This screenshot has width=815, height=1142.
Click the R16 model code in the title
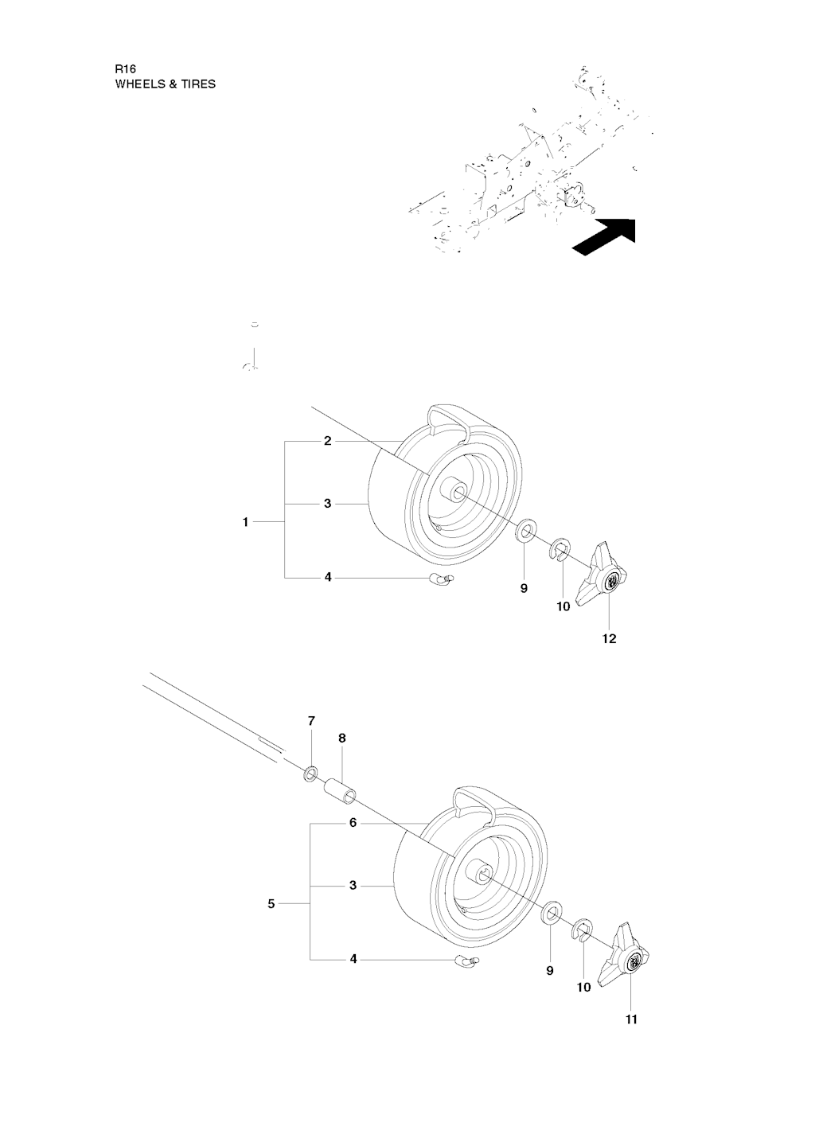click(x=126, y=69)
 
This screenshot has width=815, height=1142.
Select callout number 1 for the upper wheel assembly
click(x=246, y=522)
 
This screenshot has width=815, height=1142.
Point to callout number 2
click(x=327, y=441)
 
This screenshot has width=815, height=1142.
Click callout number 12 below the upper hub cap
click(x=610, y=638)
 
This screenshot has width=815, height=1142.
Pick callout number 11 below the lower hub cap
click(x=631, y=1019)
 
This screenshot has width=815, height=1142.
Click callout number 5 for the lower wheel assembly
click(x=271, y=904)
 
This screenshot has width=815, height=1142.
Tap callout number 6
click(x=353, y=824)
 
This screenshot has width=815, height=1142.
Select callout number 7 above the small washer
click(x=311, y=721)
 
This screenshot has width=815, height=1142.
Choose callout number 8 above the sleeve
click(x=342, y=738)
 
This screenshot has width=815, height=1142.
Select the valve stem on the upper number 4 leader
click(x=444, y=579)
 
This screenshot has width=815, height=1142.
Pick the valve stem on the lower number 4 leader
click(x=468, y=961)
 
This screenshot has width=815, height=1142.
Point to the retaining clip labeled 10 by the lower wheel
click(x=583, y=930)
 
